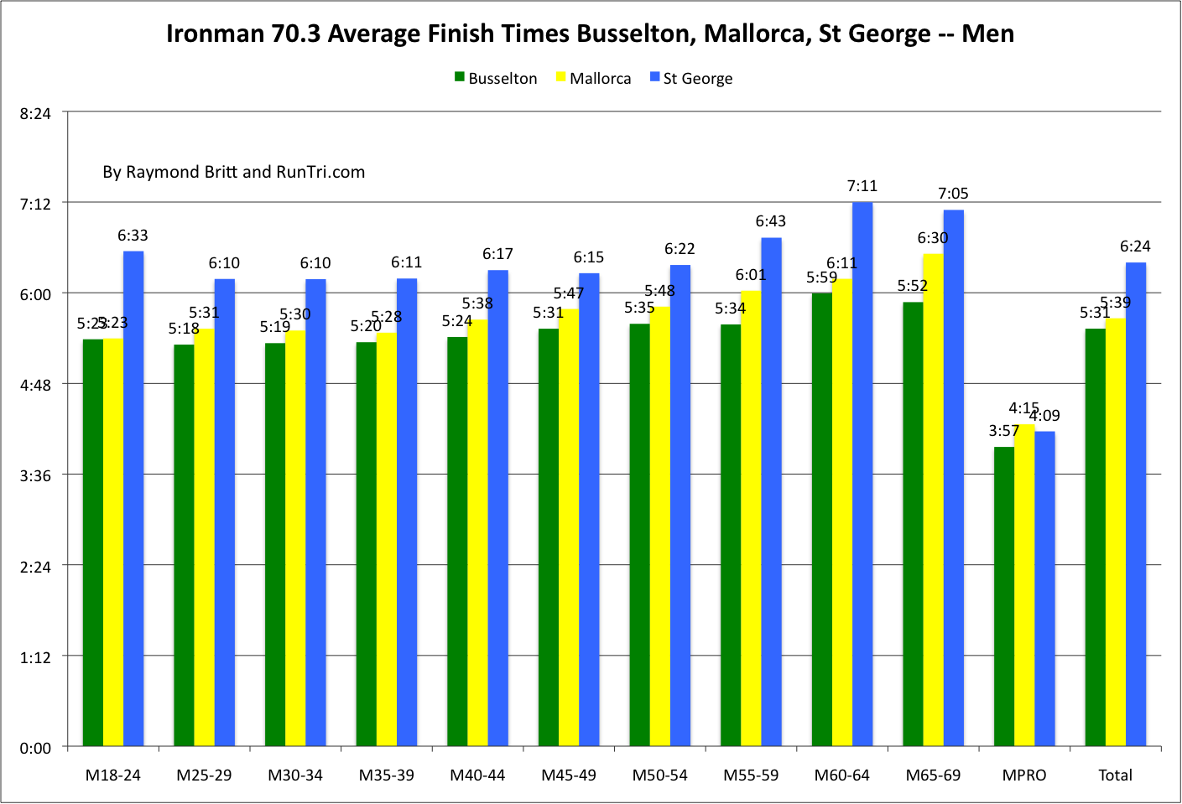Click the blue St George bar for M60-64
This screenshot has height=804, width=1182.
point(862,474)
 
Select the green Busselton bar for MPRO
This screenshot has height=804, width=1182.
point(1004,596)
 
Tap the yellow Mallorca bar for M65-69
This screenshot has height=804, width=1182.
point(933,500)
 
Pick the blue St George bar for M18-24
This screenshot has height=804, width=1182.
point(133,498)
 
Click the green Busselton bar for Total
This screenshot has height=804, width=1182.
point(1095,537)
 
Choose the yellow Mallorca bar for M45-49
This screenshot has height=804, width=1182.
point(569,527)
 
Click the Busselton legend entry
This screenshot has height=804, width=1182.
point(496,79)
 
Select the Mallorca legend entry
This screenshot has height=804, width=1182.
point(594,79)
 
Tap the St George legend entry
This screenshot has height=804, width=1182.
point(691,79)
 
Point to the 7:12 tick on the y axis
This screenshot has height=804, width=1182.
point(35,204)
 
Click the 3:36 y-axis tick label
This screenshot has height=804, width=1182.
point(35,475)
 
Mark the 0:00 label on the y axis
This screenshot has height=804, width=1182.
point(35,748)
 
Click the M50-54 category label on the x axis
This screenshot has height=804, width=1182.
point(659,775)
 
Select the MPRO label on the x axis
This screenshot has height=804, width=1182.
point(1024,775)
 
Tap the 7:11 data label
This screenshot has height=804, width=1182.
point(862,186)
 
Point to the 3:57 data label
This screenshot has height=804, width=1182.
point(1003,431)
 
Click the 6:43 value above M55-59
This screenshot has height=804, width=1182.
point(770,221)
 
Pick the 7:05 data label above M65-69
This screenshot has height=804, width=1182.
point(953,194)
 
